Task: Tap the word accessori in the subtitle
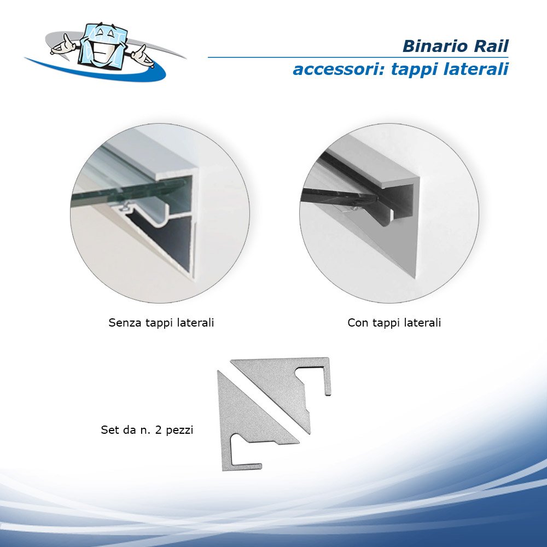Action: (x=339, y=69)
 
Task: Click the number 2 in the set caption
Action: (x=158, y=430)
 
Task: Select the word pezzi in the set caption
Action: (x=179, y=430)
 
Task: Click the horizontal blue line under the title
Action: (x=358, y=57)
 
